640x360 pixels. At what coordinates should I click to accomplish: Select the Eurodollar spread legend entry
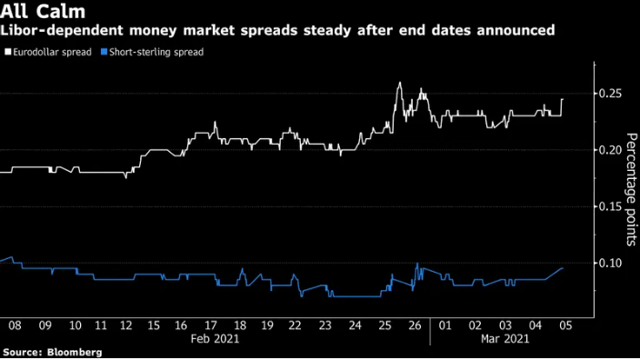(x=50, y=52)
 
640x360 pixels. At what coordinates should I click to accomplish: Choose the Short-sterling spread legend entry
(x=155, y=52)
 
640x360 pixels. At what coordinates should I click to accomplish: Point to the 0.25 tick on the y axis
(x=610, y=94)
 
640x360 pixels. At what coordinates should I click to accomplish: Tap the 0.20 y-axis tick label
(x=610, y=150)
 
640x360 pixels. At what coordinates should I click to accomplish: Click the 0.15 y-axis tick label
(x=610, y=206)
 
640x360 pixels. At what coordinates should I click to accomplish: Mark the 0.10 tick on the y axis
(x=610, y=263)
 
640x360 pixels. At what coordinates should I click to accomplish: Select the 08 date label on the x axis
(x=15, y=325)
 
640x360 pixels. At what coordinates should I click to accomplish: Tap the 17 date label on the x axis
(x=210, y=325)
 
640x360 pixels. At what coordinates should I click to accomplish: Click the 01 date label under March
(x=446, y=325)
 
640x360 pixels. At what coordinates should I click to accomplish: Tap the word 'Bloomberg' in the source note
(x=74, y=352)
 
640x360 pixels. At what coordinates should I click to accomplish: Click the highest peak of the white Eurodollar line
(x=400, y=83)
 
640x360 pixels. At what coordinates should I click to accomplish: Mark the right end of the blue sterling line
(x=564, y=268)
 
